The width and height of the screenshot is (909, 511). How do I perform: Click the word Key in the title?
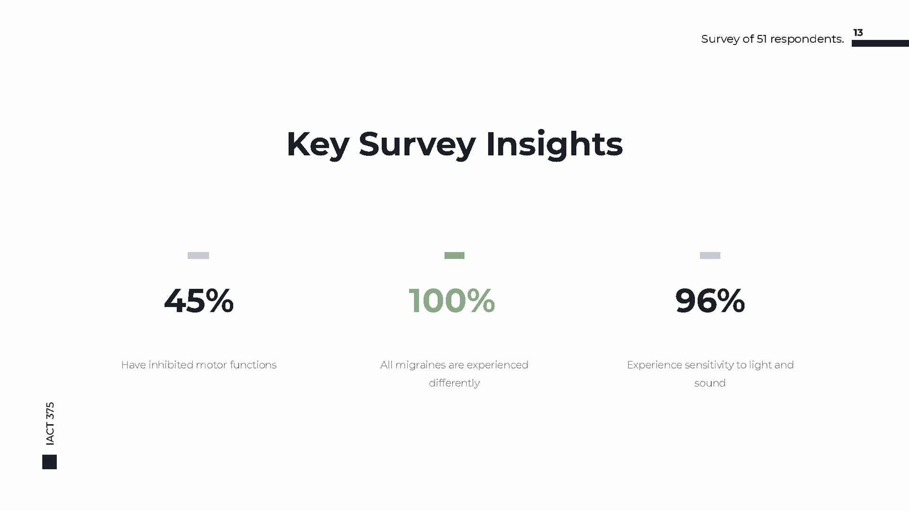(x=318, y=145)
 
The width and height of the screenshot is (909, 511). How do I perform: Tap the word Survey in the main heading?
(x=417, y=145)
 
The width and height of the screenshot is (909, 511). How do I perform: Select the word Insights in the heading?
(x=554, y=144)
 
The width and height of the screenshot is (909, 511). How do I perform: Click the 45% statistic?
(x=199, y=301)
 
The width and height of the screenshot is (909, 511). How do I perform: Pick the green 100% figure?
(x=452, y=301)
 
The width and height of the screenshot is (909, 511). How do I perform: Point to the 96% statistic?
(x=710, y=301)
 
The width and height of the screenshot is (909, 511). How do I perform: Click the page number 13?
(x=858, y=33)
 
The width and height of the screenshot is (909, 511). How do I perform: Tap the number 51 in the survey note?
(x=761, y=39)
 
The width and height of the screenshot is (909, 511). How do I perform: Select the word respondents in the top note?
(x=807, y=39)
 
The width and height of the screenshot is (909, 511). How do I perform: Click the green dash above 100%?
(x=454, y=255)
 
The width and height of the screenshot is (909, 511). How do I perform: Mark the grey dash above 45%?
(x=198, y=255)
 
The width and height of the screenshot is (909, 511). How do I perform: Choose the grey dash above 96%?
(x=710, y=255)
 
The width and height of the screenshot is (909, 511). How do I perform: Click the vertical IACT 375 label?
(x=50, y=423)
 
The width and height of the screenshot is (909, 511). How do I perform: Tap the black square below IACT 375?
(x=50, y=462)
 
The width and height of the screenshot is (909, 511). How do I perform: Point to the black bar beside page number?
(x=880, y=44)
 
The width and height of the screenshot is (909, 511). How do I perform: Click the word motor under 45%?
(x=211, y=365)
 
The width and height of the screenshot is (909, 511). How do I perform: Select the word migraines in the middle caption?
(x=420, y=365)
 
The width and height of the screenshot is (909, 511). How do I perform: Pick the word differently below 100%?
(x=454, y=383)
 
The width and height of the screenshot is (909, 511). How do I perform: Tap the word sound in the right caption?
(x=710, y=383)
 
